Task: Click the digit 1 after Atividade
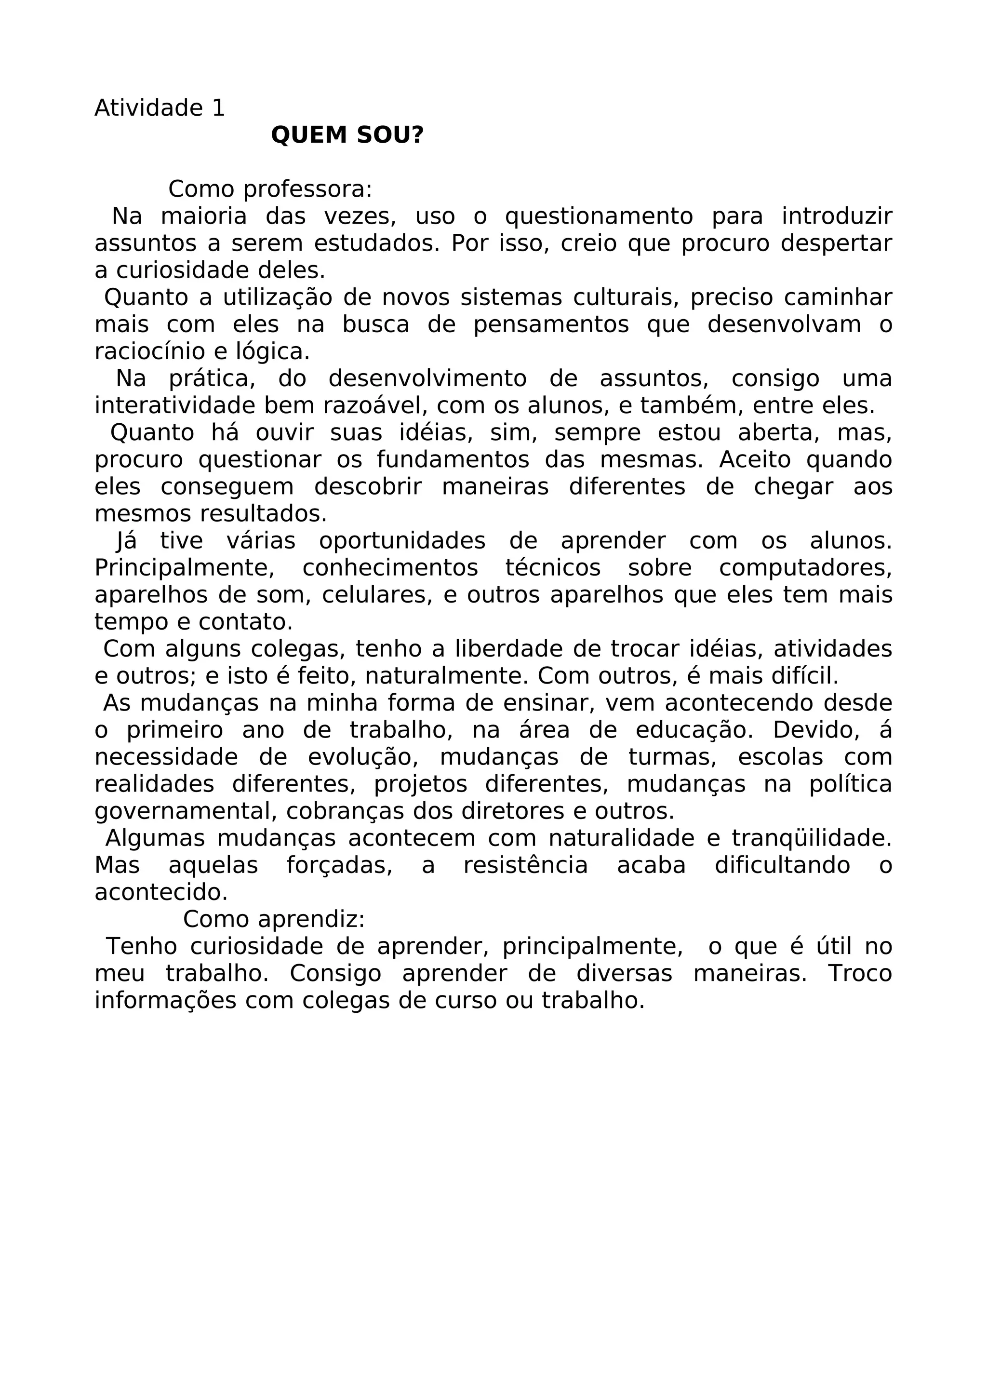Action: [218, 108]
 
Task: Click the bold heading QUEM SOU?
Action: [347, 135]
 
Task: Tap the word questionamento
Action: [599, 216]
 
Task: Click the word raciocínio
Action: [146, 352]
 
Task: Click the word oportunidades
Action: [402, 541]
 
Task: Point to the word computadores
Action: [805, 568]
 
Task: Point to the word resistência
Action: [525, 865]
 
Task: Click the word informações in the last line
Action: [165, 1000]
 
